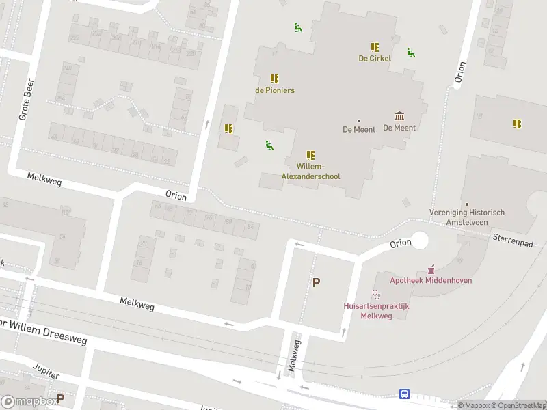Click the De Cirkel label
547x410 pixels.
(375, 59)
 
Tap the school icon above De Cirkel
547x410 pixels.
(375, 46)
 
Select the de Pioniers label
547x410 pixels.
(275, 90)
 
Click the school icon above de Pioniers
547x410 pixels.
(274, 79)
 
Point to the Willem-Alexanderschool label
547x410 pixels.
(310, 172)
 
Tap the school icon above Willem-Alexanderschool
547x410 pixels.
(310, 155)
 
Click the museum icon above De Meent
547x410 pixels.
(399, 116)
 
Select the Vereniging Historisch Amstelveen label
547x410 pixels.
(467, 217)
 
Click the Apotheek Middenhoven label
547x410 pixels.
(431, 280)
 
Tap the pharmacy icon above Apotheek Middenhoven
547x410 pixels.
(431, 269)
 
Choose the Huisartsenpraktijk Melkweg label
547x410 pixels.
(376, 311)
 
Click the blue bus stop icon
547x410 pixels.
(404, 394)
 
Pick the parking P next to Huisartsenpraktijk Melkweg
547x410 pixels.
(316, 282)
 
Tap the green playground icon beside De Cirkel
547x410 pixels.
(410, 53)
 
